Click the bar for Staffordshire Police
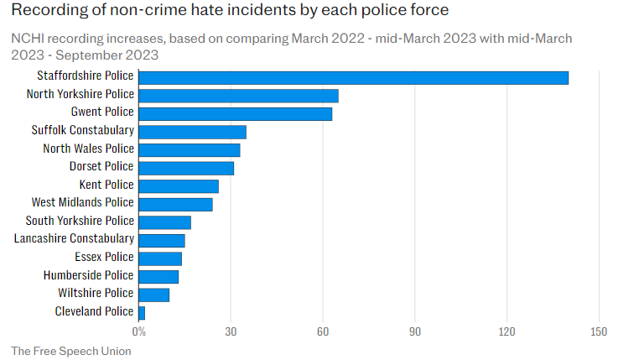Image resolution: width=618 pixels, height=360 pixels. (353, 77)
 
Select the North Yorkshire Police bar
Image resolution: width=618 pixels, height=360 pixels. (238, 96)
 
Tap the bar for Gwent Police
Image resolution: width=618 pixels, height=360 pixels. (235, 113)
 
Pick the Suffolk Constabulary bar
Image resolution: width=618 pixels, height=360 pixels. (192, 132)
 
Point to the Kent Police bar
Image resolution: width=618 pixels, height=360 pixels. (178, 185)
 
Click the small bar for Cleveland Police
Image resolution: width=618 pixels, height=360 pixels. (142, 312)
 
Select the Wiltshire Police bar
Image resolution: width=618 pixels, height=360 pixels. (153, 294)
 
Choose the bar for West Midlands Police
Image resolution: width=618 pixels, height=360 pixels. (175, 204)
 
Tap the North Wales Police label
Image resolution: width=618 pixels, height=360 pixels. (88, 149)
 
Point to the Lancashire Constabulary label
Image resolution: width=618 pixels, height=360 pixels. (74, 239)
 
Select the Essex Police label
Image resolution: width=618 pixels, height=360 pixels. (104, 257)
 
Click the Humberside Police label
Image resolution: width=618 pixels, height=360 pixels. (88, 275)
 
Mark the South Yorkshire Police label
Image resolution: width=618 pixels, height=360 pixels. (80, 221)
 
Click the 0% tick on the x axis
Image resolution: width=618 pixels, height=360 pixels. (139, 331)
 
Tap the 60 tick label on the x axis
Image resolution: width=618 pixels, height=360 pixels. (323, 331)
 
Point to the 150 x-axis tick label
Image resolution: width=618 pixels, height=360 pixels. (598, 331)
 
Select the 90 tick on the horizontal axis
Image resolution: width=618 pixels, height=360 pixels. (414, 331)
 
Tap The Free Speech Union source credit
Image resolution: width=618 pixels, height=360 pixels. (71, 351)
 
